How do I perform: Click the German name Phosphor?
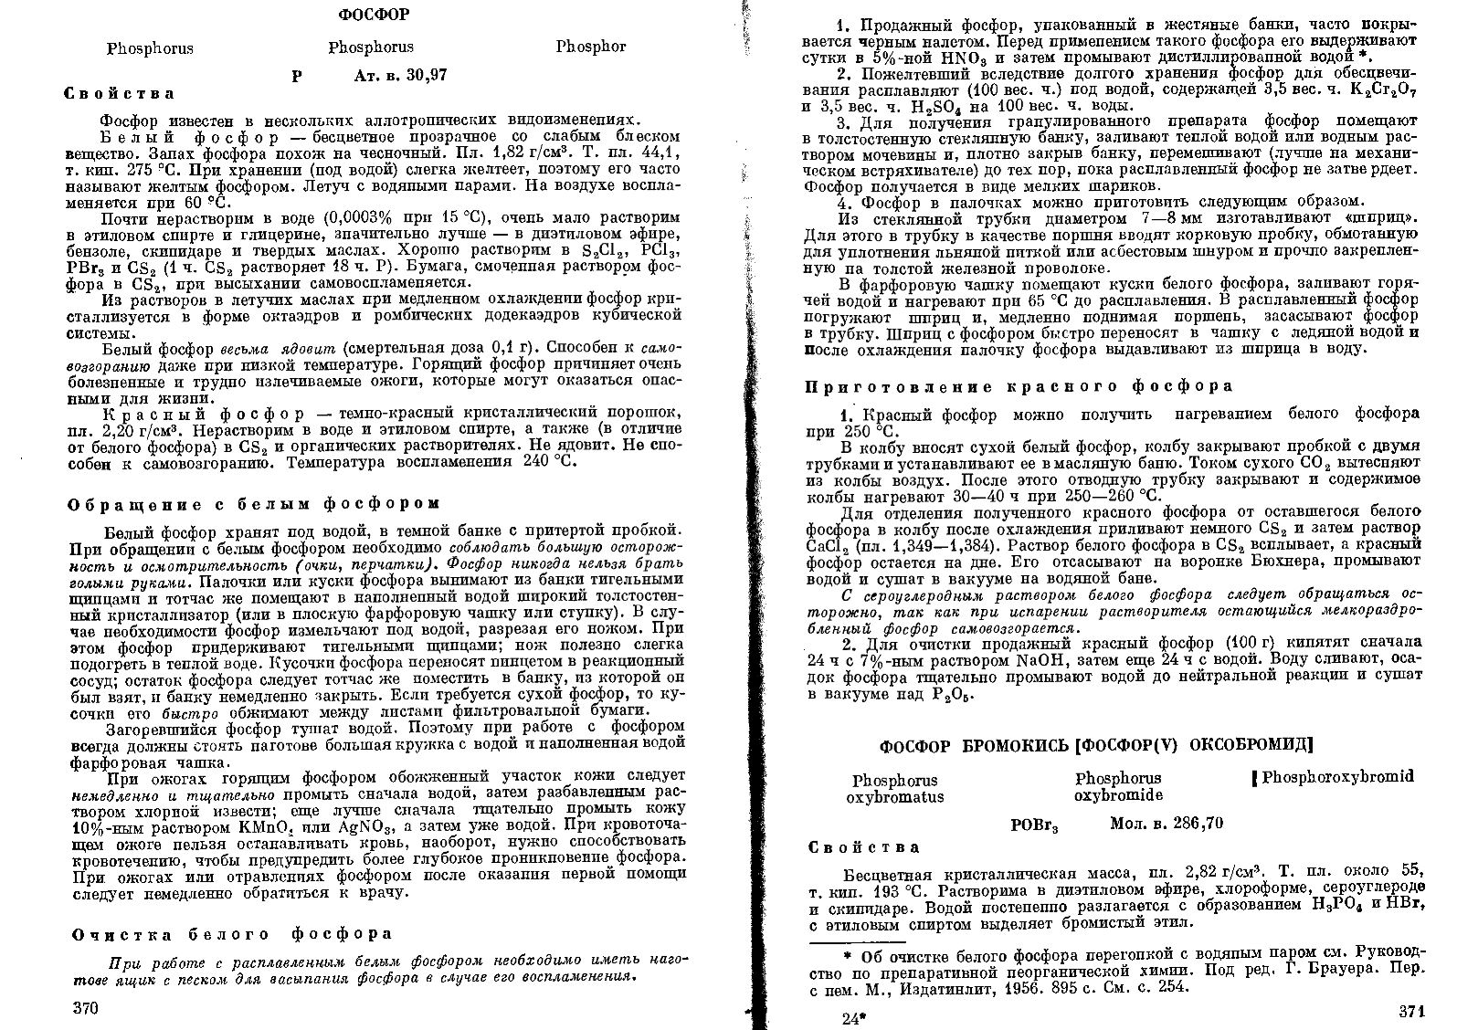(x=590, y=47)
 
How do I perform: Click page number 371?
(x=1411, y=1013)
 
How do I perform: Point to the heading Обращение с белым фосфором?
(x=255, y=503)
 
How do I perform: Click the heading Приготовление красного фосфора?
(x=1019, y=386)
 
